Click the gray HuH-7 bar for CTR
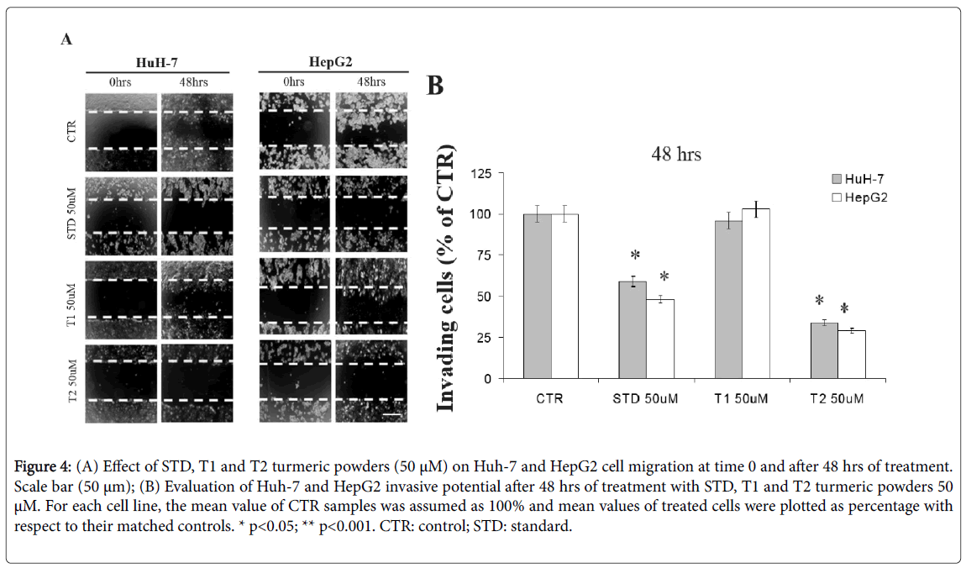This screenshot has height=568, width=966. coord(538,296)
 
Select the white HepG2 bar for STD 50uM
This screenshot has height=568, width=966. coord(660,339)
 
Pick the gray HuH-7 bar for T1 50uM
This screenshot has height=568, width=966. coord(728,299)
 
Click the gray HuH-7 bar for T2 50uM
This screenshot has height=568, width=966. coord(824,350)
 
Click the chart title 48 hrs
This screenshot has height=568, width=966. coord(676,155)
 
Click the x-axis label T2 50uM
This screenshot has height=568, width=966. coord(837,398)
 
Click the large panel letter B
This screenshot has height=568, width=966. coord(435,86)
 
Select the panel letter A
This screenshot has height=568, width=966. coord(66,39)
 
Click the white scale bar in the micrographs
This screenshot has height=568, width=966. coord(392,414)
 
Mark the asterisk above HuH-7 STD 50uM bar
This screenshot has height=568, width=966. coord(635,255)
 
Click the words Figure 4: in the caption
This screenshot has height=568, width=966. coord(45,465)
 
